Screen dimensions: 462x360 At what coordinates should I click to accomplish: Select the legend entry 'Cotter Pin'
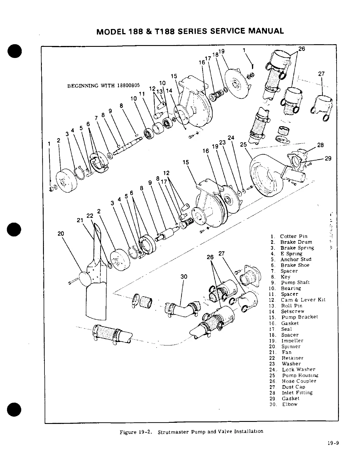(294, 236)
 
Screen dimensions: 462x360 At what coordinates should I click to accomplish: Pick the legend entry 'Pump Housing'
(300, 375)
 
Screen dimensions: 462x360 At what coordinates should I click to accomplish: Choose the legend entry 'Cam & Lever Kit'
(303, 300)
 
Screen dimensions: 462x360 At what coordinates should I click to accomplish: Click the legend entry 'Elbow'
(289, 404)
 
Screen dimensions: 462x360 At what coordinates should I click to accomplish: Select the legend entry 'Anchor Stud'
(296, 259)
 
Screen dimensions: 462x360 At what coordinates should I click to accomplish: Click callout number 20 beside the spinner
(61, 233)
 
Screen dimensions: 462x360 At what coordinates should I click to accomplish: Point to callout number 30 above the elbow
(184, 277)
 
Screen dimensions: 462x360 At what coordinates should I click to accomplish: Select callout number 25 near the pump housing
(244, 144)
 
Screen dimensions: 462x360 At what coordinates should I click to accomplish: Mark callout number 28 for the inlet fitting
(320, 145)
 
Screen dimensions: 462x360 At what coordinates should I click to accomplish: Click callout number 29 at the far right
(328, 158)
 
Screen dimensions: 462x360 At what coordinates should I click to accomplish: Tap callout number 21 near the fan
(80, 220)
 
